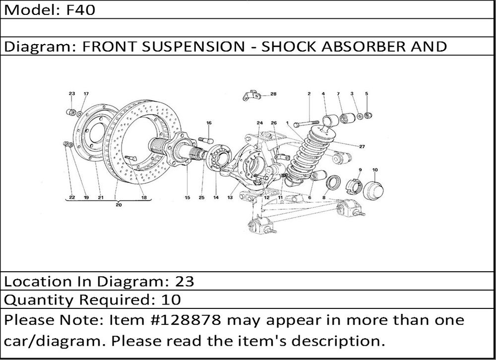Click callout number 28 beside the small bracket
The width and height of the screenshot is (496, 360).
click(x=273, y=93)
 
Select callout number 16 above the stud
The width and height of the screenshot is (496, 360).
click(x=209, y=122)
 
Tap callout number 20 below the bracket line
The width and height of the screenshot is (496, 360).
click(x=119, y=204)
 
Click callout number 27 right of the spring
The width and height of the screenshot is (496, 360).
click(x=363, y=146)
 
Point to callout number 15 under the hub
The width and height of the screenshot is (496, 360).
click(x=187, y=198)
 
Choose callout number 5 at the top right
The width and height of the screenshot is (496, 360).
click(x=367, y=93)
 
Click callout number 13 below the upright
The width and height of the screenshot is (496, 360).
click(x=230, y=198)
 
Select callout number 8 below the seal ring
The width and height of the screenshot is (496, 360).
click(x=324, y=198)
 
